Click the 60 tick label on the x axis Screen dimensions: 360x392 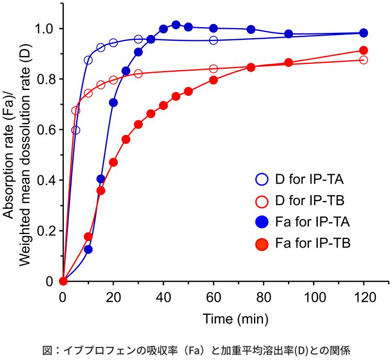pyautogui.click(x=213, y=298)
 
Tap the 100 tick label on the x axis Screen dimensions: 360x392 pyautogui.click(x=314, y=298)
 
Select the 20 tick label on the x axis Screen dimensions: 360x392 pyautogui.click(x=113, y=298)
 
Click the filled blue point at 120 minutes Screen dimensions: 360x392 pyautogui.click(x=364, y=33)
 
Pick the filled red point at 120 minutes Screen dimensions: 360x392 pyautogui.click(x=364, y=50)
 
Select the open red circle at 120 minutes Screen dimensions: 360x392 pyautogui.click(x=364, y=60)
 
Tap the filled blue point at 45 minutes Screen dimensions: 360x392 pyautogui.click(x=176, y=25)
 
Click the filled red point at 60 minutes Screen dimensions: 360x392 pyautogui.click(x=213, y=80)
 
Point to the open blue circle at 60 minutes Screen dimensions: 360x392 pyautogui.click(x=213, y=40)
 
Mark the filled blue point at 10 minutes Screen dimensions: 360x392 pyautogui.click(x=88, y=250)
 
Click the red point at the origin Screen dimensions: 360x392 pyautogui.click(x=63, y=281)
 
